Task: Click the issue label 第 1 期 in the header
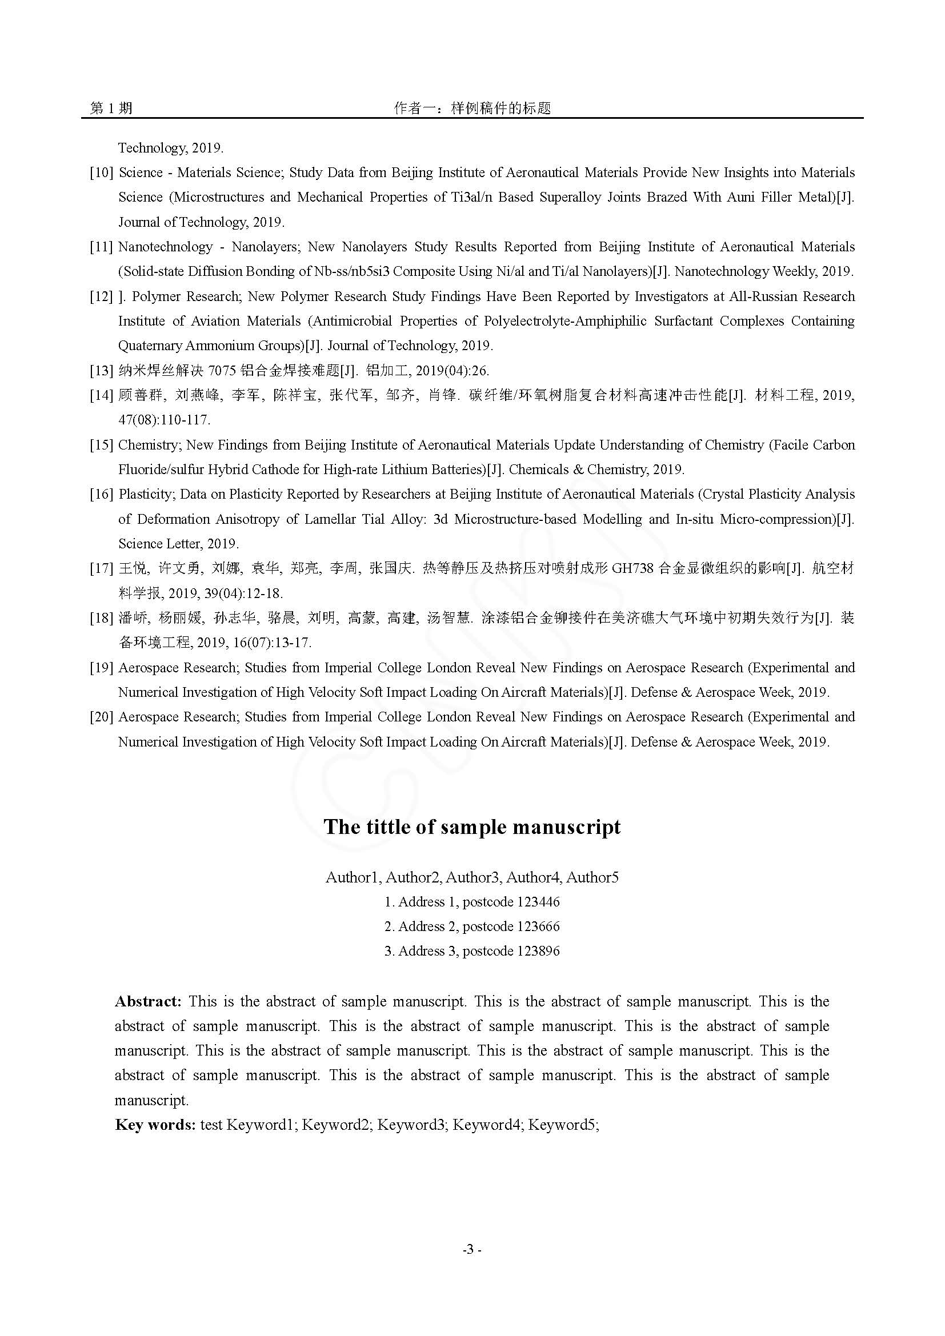[111, 108]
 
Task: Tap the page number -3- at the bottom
[471, 1249]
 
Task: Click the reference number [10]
[101, 173]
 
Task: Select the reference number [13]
[101, 371]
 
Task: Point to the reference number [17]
[101, 568]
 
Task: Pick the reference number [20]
[101, 717]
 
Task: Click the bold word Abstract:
[149, 1002]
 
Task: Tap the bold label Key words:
[155, 1125]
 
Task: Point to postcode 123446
[538, 902]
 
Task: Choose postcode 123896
[538, 952]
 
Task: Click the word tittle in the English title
[389, 828]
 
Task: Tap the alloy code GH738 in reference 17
[632, 568]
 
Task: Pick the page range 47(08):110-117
[164, 420]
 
